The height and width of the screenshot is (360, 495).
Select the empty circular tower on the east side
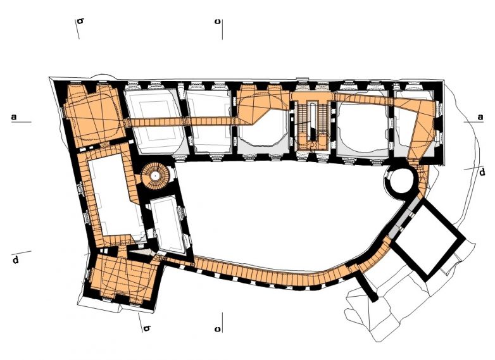point(400,182)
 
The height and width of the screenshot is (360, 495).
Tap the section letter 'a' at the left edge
point(14,117)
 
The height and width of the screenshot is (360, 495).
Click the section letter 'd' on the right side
point(482,171)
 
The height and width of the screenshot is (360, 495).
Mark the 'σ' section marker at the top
point(80,21)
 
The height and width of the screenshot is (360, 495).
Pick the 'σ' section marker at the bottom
point(147,328)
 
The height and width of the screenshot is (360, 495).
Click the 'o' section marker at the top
point(218,21)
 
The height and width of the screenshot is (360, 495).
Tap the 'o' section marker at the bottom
point(218,329)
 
